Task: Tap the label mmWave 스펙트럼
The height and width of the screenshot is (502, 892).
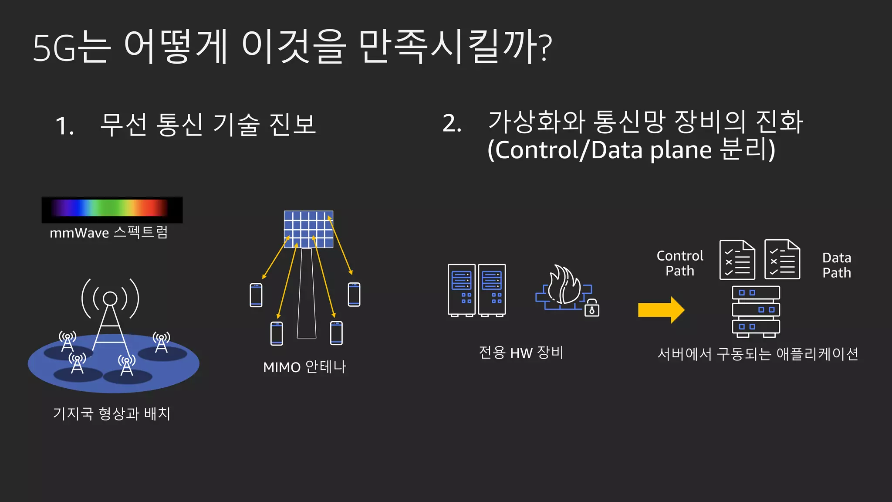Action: (109, 233)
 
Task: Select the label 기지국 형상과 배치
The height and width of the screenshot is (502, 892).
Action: (111, 413)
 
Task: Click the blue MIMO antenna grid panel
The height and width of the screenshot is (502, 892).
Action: (308, 229)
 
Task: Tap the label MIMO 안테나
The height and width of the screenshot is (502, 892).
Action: (304, 367)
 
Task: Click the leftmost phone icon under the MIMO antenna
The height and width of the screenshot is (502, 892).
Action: (256, 295)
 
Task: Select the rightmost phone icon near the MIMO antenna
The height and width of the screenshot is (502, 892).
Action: (354, 295)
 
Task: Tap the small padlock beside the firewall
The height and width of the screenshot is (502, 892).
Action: (592, 309)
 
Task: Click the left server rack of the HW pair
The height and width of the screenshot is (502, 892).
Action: (462, 290)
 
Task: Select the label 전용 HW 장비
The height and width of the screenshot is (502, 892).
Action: (521, 352)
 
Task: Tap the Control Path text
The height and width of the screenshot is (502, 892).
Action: (680, 263)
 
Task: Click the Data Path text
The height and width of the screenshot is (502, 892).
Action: (836, 265)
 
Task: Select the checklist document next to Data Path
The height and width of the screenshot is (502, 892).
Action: (782, 259)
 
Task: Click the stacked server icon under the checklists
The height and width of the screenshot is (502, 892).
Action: (756, 311)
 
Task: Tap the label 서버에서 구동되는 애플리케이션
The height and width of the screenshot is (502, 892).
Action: (757, 354)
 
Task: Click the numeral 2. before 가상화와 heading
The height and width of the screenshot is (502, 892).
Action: (452, 123)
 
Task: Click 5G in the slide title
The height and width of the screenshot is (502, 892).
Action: (54, 48)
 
